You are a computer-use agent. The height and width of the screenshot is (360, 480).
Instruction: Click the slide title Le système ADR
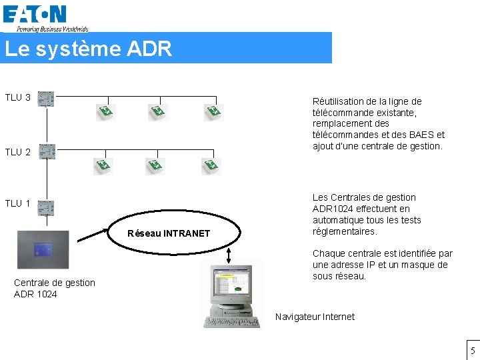(88, 49)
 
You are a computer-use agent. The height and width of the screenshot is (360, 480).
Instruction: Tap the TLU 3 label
(18, 98)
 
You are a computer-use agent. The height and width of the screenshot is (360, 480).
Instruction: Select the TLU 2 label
(18, 152)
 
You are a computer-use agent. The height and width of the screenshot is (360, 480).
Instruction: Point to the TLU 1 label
(18, 203)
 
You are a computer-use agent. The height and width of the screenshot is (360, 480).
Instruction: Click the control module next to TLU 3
(46, 99)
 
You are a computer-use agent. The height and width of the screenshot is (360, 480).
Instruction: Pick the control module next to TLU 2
(46, 153)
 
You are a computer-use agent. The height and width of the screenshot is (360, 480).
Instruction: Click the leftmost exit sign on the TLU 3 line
(105, 111)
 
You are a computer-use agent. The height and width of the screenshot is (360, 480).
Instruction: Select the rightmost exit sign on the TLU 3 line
(213, 111)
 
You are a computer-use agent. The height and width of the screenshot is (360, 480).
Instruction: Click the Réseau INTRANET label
(168, 233)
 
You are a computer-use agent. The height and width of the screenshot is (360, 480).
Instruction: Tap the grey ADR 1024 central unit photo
(43, 249)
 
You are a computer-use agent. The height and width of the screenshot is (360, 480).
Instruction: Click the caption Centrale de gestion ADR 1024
(55, 288)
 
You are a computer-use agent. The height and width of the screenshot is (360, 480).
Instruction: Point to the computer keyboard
(233, 322)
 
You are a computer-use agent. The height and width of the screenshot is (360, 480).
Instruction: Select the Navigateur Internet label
(315, 317)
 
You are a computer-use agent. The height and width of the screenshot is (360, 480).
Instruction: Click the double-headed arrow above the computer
(229, 255)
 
